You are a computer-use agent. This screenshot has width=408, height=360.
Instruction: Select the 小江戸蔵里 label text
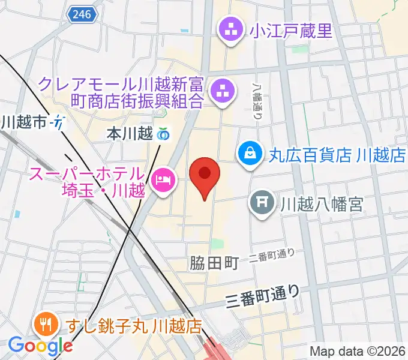pyautogui.click(x=292, y=30)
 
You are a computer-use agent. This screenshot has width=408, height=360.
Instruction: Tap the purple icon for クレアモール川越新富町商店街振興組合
pyautogui.click(x=221, y=92)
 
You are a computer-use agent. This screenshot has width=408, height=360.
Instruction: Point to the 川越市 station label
pyautogui.click(x=24, y=123)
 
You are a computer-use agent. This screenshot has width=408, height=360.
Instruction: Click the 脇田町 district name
pyautogui.click(x=214, y=262)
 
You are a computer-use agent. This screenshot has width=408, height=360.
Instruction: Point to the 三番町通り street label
pyautogui.click(x=263, y=295)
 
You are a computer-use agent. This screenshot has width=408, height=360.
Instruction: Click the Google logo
pyautogui.click(x=40, y=346)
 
